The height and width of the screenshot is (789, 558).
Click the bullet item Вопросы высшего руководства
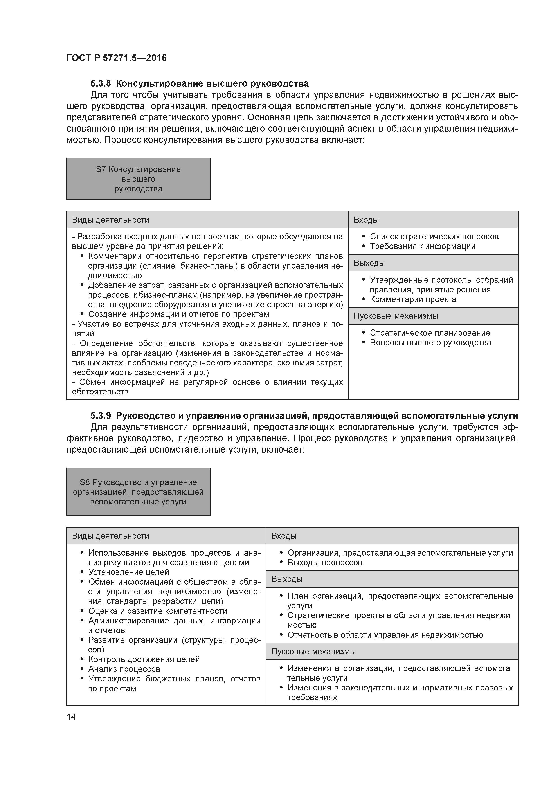click(430, 342)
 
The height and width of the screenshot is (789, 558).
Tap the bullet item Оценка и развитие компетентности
click(157, 611)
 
